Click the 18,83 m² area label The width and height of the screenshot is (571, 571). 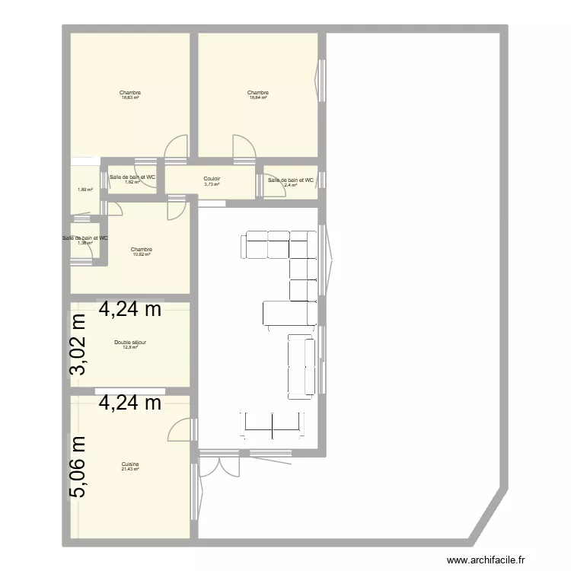130,98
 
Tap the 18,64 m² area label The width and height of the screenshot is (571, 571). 258,98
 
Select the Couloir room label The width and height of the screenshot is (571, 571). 212,179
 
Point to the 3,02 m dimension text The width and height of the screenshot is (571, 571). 78,346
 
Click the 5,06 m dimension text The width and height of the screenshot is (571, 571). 78,466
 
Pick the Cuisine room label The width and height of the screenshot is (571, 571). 130,464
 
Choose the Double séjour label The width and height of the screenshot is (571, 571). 130,343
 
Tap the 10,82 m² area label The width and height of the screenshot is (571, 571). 141,255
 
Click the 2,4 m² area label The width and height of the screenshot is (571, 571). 290,185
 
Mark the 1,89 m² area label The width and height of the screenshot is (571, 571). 85,190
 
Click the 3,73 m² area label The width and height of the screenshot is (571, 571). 212,184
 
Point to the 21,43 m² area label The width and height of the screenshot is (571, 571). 130,469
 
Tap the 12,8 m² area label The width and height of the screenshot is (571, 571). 130,348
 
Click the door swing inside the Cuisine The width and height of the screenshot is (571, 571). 180,429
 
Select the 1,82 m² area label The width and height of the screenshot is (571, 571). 132,183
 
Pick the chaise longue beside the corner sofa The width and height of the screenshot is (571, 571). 289,313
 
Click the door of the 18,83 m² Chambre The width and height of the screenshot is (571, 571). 175,148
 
